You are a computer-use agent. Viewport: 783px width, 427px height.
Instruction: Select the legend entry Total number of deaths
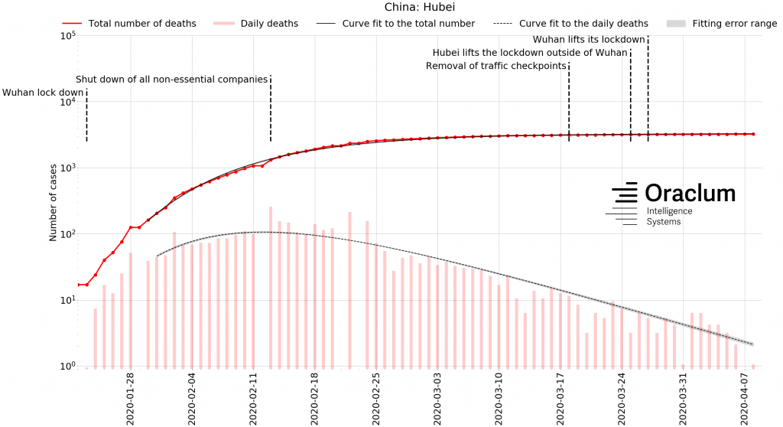click(142, 24)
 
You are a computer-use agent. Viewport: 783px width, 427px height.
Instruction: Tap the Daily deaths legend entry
click(270, 24)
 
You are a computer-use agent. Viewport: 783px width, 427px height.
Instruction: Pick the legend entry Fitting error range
click(734, 24)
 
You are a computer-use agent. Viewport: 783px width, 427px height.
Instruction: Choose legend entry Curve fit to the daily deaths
click(583, 24)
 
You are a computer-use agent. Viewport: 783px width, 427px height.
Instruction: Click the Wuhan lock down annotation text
click(43, 93)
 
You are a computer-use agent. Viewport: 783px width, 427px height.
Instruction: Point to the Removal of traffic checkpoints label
click(495, 66)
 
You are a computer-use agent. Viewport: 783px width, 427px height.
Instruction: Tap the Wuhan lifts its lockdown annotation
click(589, 39)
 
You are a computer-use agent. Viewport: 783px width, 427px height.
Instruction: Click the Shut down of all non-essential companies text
click(171, 80)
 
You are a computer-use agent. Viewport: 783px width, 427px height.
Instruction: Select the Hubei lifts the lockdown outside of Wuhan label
click(530, 53)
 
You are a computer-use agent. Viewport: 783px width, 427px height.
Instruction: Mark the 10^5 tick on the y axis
click(67, 36)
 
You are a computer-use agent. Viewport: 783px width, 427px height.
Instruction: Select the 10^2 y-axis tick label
click(67, 234)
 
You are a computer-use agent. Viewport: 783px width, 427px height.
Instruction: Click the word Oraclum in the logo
click(690, 193)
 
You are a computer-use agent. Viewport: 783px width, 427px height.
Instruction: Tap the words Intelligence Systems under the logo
click(669, 217)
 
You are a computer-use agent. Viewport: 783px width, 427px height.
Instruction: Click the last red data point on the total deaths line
click(753, 134)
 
